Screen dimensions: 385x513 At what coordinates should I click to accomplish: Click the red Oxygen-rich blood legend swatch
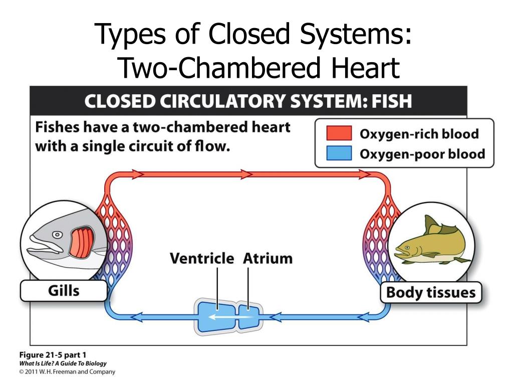339,134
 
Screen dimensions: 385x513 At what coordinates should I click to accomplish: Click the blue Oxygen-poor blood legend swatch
339,153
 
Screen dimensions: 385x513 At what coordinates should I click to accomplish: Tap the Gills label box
64,290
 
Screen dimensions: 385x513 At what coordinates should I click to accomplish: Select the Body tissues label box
431,292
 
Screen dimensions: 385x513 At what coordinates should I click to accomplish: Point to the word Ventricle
202,259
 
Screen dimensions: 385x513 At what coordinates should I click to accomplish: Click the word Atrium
268,259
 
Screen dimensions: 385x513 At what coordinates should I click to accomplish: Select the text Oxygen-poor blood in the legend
422,153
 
